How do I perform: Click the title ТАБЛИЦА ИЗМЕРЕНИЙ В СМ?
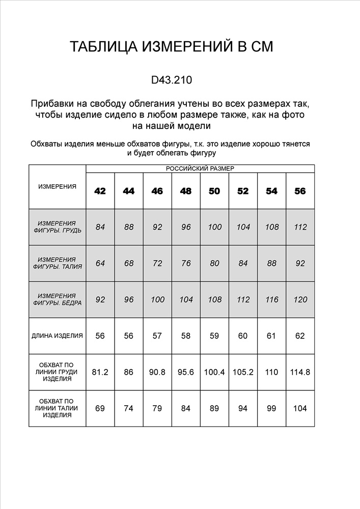pos(172,47)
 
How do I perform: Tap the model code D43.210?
pos(172,80)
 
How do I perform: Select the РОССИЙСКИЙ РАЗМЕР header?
pos(200,168)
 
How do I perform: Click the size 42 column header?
pos(100,191)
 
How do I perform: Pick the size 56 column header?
pos(300,191)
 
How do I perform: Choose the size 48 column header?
pos(186,191)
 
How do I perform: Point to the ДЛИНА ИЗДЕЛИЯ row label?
pos(57,336)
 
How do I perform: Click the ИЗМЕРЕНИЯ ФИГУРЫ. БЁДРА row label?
pos(57,300)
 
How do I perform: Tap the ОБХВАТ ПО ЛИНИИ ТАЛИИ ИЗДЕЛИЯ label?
pos(57,408)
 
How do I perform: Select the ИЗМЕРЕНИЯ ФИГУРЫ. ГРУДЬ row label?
pos(57,227)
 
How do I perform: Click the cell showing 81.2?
pos(100,372)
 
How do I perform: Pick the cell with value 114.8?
pos(300,372)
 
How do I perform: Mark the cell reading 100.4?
pos(214,372)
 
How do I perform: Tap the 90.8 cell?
pos(157,372)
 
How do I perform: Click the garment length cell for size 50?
pos(214,336)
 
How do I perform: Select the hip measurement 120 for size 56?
pos(300,300)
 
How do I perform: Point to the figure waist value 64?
pos(100,264)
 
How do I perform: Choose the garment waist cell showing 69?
pos(100,408)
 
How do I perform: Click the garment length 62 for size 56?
pos(300,336)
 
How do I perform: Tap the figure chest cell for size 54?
pos(272,227)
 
